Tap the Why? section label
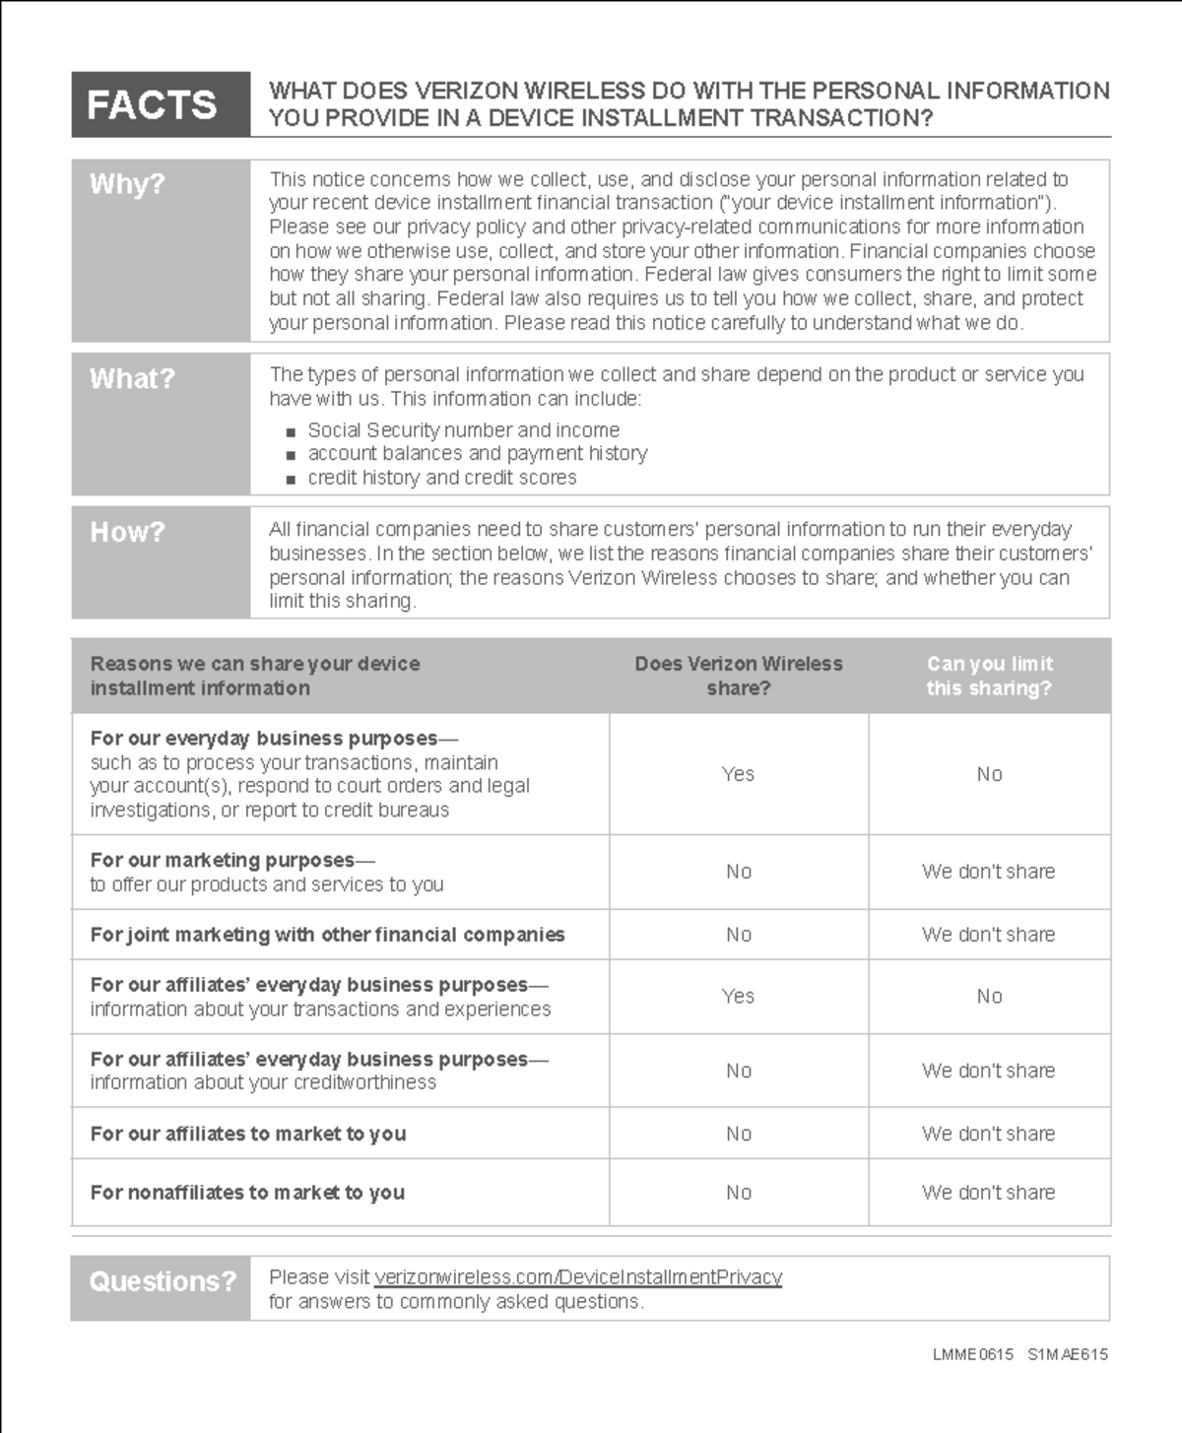tap(128, 184)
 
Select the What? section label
tap(132, 379)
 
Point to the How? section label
tap(128, 532)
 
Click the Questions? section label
tap(163, 1281)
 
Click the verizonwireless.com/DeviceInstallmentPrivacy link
tap(578, 1277)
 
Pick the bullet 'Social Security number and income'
tap(463, 430)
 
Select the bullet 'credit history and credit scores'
tap(441, 478)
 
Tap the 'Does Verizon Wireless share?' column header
tap(739, 676)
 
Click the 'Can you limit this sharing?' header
tap(989, 676)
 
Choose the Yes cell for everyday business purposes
tap(738, 774)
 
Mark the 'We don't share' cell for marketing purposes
tap(988, 872)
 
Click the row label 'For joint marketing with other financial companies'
tap(327, 935)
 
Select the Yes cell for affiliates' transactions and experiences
tap(738, 997)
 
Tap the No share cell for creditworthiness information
tap(739, 1071)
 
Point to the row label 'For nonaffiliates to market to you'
tap(247, 1193)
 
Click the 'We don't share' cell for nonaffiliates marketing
tap(988, 1193)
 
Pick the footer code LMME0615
tap(972, 1355)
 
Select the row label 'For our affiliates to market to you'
tap(248, 1134)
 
